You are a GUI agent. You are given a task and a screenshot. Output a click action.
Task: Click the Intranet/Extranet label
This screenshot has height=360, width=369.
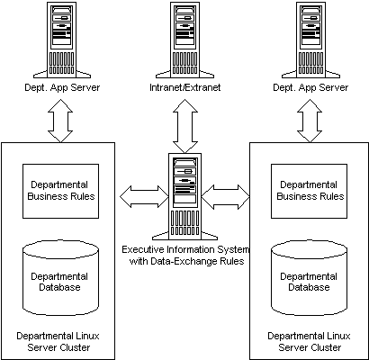coord(185,87)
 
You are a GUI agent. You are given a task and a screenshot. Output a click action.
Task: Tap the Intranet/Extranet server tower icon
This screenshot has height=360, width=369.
coord(184,40)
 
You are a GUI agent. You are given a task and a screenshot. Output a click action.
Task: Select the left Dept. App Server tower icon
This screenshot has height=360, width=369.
coord(62,40)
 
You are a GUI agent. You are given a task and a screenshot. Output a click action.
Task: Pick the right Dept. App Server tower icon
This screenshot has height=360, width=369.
coord(310,40)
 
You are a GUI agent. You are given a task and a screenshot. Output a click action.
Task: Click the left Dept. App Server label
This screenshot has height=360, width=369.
coord(62,87)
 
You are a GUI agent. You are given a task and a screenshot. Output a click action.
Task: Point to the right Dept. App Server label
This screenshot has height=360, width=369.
coord(310,87)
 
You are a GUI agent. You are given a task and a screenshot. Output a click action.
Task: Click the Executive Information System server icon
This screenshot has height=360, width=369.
coord(184,196)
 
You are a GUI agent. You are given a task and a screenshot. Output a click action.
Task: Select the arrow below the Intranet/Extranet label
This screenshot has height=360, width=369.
coord(185,126)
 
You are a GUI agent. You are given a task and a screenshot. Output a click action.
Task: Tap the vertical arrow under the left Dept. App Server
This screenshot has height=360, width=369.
coord(60,121)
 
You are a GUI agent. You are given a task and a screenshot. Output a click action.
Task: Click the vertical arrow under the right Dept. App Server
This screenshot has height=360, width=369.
coord(310,121)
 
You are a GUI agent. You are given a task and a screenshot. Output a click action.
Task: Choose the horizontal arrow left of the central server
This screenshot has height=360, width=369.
coord(144,196)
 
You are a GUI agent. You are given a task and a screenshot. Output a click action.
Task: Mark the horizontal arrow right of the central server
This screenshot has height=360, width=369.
coord(225,197)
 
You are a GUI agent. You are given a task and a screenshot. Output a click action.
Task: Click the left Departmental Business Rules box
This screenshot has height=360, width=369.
coord(60,191)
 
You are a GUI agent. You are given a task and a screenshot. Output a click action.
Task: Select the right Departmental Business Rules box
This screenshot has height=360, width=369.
coord(309,191)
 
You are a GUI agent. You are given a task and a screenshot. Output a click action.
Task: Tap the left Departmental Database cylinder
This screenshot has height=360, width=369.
coord(61,277)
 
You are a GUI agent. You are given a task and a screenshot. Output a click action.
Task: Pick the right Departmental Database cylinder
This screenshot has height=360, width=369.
coord(310,277)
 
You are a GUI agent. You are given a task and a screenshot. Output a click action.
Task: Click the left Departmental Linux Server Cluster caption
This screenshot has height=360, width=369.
coord(58,342)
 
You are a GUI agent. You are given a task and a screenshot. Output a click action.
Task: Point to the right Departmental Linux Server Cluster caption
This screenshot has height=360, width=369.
coord(309,342)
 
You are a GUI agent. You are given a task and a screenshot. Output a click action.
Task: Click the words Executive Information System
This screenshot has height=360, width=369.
coord(185,250)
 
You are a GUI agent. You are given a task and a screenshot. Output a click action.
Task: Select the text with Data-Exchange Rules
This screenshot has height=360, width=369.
coord(186,261)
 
